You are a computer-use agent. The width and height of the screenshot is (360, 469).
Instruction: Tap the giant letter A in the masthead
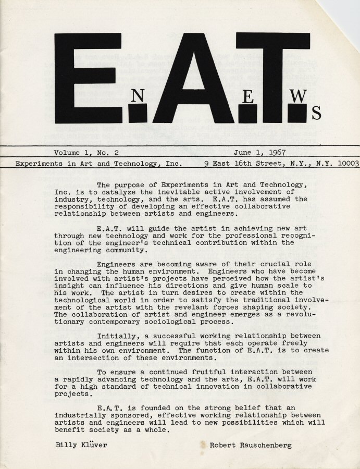(186, 78)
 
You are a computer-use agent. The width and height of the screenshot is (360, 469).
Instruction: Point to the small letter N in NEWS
(138, 95)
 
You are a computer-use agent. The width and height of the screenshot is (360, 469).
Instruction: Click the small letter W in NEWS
(297, 96)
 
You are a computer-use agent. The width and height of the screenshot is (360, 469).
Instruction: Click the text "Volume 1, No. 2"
(86, 153)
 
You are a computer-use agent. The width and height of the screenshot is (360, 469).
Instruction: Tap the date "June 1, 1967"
(259, 153)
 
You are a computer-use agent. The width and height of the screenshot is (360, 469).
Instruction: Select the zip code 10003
(346, 163)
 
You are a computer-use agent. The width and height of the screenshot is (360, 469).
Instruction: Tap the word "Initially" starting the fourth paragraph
(118, 336)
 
